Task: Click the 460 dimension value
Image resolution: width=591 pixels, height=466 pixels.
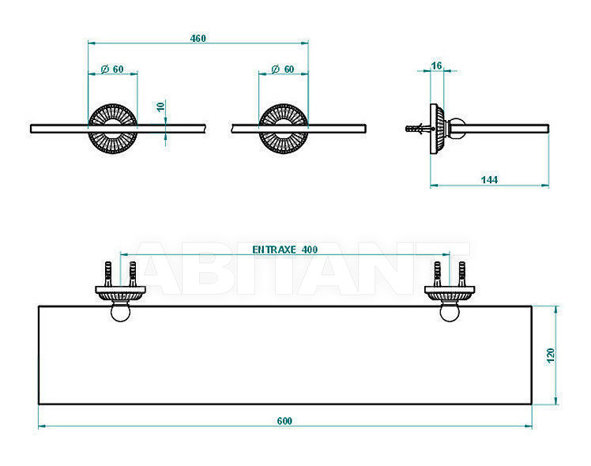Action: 198,39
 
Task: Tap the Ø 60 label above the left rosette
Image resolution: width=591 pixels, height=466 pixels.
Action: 112,70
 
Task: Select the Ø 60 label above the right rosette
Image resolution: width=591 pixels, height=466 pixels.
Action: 283,70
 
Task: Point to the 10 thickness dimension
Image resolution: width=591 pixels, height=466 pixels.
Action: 160,107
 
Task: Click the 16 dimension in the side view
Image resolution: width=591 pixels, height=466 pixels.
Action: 436,66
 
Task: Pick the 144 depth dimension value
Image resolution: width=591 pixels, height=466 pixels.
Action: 489,180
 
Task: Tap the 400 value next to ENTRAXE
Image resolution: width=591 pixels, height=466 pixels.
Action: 310,250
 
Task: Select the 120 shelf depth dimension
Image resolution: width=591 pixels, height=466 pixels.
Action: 550,355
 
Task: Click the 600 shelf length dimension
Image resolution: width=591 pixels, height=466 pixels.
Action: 284,421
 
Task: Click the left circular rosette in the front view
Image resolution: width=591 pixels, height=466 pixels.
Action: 113,129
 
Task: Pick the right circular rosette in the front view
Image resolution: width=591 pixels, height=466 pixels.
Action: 283,129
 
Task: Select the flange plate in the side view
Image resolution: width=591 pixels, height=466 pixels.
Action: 437,129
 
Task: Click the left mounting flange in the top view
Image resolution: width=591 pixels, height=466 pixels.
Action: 121,293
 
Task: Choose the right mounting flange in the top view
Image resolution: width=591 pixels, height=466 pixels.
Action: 450,293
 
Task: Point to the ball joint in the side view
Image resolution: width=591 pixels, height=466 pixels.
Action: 457,129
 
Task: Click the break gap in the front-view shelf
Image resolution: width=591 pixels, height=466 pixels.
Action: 219,129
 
